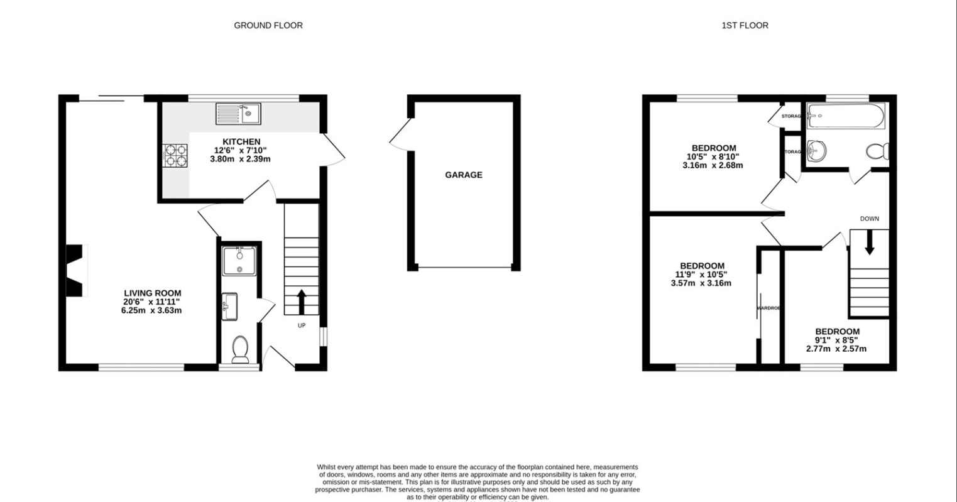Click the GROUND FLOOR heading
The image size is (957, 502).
tap(268, 26)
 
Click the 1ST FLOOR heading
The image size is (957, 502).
tap(745, 26)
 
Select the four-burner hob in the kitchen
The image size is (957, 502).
tap(175, 155)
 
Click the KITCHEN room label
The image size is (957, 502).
tap(241, 142)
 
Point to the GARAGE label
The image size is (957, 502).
tap(464, 175)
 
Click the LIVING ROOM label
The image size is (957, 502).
tap(152, 293)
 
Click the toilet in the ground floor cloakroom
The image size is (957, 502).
tap(240, 349)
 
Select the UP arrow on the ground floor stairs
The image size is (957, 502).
tap(302, 302)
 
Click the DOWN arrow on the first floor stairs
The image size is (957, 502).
tap(870, 243)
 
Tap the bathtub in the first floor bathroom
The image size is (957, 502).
tap(846, 116)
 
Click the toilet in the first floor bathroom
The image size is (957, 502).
tap(877, 151)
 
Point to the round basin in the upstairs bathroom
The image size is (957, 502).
tap(816, 150)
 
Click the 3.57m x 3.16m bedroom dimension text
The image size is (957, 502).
tap(701, 283)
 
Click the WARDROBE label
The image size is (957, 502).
tap(768, 308)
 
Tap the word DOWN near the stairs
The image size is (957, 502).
tap(870, 219)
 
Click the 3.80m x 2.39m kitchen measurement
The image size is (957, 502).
tap(240, 160)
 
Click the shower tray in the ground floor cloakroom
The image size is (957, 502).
tap(239, 261)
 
